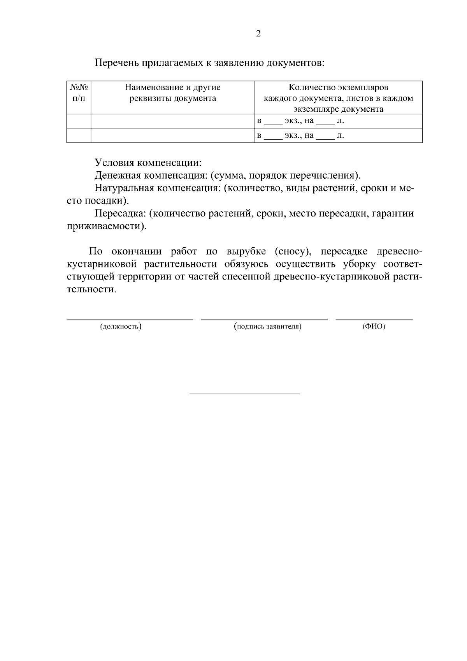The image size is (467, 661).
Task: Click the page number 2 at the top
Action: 258,34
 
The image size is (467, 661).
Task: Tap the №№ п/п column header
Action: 79,93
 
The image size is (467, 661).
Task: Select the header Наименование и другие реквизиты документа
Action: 172,93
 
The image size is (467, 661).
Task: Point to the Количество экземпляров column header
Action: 338,98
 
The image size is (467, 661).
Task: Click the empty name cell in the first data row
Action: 172,121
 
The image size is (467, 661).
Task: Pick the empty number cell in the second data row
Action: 79,136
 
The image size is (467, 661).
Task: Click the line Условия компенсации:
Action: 148,162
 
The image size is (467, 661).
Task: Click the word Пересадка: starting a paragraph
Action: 121,213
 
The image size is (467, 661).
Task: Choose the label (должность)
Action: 121,326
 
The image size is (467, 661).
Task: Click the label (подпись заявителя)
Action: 268,326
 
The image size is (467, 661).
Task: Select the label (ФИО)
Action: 374,326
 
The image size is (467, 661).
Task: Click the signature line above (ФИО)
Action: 374,320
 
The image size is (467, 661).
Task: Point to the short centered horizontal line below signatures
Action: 244,394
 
